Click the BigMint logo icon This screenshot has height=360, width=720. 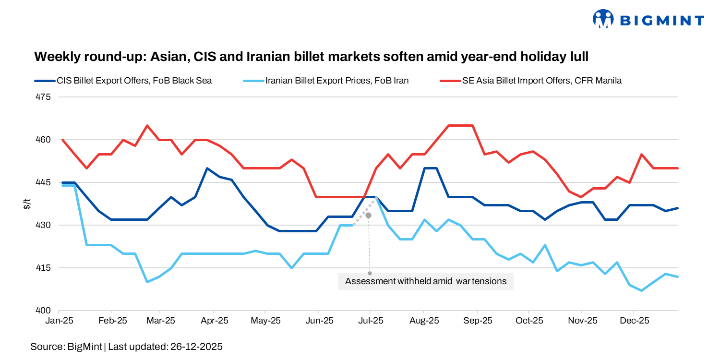coord(604,19)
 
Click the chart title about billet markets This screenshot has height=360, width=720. coord(311,57)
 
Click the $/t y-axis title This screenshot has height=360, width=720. coord(27,204)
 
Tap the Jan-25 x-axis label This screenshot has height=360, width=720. coord(59,321)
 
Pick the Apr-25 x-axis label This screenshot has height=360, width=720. coord(214,321)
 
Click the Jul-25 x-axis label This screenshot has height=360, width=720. coord(370,321)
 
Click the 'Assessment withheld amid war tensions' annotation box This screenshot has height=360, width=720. coord(426,281)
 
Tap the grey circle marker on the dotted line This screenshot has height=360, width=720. coord(368,216)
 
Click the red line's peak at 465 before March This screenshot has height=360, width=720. coord(147,126)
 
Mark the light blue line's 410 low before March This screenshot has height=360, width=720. coord(147,282)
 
